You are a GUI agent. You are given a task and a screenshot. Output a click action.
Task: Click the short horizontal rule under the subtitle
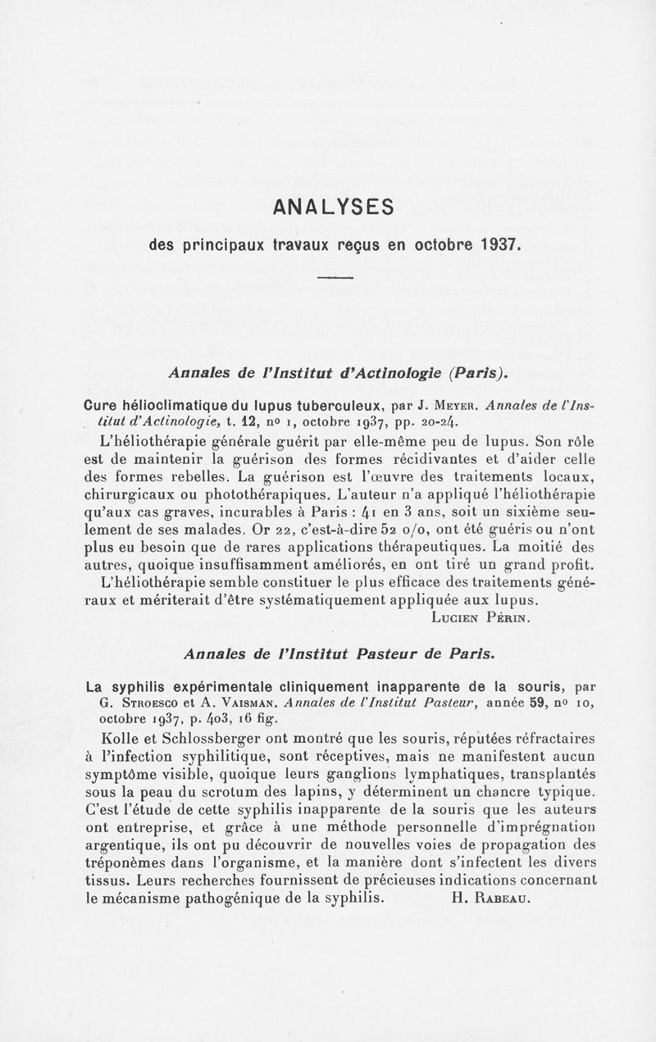333,280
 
